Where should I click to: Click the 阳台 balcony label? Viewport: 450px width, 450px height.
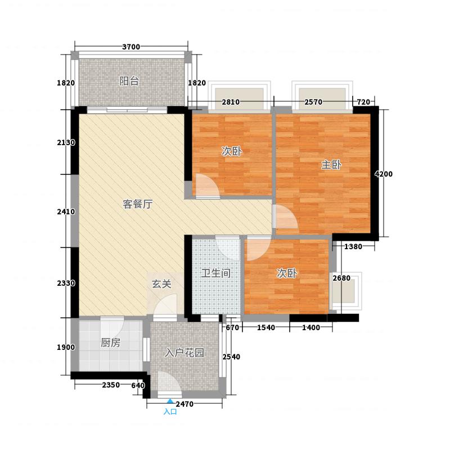pyautogui.click(x=129, y=82)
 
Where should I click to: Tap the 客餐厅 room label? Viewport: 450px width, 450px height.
pyautogui.click(x=137, y=204)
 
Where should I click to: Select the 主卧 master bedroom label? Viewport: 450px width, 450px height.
pyautogui.click(x=331, y=165)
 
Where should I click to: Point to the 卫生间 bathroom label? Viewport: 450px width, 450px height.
pyautogui.click(x=216, y=273)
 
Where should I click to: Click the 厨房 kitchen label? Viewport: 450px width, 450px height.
pyautogui.click(x=110, y=343)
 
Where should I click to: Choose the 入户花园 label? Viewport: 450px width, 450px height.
pyautogui.click(x=184, y=353)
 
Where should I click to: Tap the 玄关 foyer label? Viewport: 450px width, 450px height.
pyautogui.click(x=161, y=284)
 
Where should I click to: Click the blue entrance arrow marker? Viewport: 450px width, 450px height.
pyautogui.click(x=170, y=401)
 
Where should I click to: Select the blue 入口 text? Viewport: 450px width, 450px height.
pyautogui.click(x=170, y=412)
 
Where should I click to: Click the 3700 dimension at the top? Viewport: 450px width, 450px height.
pyautogui.click(x=131, y=47)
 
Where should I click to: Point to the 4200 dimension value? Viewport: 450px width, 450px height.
pyautogui.click(x=384, y=174)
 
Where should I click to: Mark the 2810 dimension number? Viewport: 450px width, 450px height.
pyautogui.click(x=231, y=102)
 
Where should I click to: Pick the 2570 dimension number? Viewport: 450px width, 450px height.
pyautogui.click(x=313, y=102)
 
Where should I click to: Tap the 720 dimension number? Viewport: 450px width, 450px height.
pyautogui.click(x=363, y=102)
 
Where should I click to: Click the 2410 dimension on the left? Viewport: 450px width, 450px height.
pyautogui.click(x=66, y=212)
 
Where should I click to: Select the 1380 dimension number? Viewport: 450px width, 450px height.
pyautogui.click(x=353, y=246)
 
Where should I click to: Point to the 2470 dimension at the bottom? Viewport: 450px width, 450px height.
pyautogui.click(x=184, y=404)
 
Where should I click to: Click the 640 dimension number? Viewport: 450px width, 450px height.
pyautogui.click(x=138, y=385)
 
